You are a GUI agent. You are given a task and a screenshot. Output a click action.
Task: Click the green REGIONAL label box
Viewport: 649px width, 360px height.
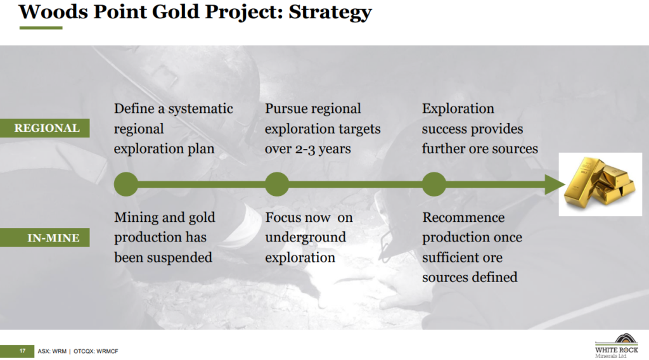[45, 128]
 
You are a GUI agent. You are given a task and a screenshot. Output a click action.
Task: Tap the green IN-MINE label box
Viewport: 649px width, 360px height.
[45, 238]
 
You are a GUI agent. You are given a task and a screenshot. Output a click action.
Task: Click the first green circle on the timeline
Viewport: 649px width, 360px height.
[126, 184]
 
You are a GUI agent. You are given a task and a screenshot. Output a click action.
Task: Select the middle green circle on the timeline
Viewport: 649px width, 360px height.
[277, 184]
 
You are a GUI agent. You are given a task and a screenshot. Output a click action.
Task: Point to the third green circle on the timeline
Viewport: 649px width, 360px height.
[434, 184]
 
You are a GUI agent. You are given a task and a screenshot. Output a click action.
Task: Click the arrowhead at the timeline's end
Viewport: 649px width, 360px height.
[555, 184]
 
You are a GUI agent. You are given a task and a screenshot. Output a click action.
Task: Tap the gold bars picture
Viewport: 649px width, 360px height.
[600, 184]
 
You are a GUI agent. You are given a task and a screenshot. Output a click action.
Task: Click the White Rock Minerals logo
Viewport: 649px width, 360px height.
[617, 346]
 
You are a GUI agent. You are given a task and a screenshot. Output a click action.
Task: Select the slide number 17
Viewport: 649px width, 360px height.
[22, 351]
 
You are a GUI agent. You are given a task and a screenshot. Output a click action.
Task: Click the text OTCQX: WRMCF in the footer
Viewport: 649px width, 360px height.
[96, 351]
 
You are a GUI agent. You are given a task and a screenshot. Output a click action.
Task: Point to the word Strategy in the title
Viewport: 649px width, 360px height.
[330, 11]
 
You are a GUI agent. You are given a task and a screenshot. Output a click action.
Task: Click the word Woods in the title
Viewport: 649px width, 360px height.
[53, 11]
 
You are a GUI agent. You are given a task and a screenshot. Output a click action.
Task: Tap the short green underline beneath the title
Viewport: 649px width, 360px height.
[41, 28]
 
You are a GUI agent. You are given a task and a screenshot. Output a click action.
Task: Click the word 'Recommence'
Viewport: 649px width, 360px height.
[463, 217]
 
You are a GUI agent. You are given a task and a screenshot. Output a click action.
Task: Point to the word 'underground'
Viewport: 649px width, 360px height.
[305, 238]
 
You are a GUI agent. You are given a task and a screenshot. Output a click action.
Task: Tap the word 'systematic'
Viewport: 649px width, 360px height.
[200, 109]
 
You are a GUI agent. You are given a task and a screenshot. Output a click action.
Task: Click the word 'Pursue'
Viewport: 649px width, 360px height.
[285, 108]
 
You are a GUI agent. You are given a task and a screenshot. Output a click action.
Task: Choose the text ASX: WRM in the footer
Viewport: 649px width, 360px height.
[52, 351]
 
